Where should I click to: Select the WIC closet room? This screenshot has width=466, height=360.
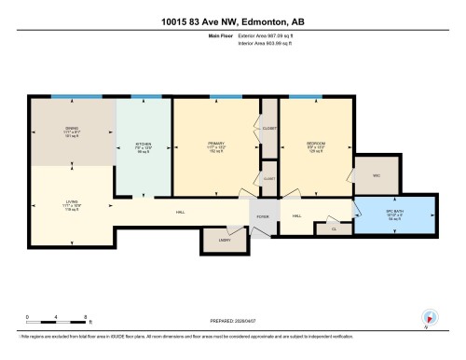coord(377,175)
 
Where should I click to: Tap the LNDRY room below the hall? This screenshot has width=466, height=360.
coord(225,240)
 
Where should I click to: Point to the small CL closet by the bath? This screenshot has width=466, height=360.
coord(333,228)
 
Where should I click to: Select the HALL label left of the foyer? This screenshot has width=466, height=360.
coord(180,214)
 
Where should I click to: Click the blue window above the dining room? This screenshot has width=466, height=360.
coord(62,97)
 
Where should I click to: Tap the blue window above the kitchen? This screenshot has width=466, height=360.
coord(144,97)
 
